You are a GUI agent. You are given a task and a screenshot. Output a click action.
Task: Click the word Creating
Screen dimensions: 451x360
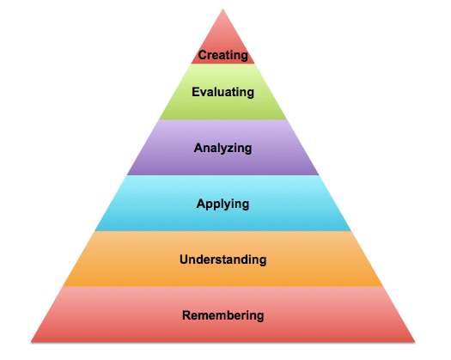tap(222, 55)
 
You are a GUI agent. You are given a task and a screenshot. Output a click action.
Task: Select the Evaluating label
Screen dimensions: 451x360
tap(222, 93)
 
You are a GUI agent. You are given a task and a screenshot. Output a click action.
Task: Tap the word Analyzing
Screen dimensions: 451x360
tap(222, 148)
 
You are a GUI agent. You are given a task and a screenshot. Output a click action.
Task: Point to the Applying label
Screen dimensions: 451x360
tap(222, 204)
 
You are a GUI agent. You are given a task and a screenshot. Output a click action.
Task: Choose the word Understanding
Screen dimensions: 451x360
tap(222, 259)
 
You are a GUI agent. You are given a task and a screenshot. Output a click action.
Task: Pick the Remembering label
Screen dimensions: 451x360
tap(222, 315)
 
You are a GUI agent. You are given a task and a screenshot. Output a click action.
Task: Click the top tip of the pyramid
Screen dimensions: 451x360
tap(222, 9)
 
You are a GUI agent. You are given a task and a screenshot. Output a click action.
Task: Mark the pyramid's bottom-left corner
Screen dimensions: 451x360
tap(31, 342)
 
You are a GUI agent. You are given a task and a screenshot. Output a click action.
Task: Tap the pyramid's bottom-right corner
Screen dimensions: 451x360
tap(415, 342)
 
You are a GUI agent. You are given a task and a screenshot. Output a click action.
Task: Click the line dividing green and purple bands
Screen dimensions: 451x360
tap(222, 119)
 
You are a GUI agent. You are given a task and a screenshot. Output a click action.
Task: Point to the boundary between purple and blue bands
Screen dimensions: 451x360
tap(222, 175)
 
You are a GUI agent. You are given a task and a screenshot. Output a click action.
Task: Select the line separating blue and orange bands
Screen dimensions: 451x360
tap(222, 231)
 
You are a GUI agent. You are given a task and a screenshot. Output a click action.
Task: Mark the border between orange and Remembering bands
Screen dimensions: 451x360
tap(222, 286)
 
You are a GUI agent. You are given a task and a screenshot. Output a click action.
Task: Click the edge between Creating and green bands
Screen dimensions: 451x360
tap(222, 64)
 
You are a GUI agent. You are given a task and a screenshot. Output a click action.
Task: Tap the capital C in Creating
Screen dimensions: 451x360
tap(203, 55)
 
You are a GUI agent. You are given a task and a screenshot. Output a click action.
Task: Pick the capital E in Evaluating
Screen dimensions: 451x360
tap(196, 92)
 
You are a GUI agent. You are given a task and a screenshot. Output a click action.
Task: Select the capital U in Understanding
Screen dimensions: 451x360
tap(185, 259)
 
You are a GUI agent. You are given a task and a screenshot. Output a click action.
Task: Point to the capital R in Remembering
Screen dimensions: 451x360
tap(187, 315)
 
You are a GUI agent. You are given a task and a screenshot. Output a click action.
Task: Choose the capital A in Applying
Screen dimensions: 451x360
tap(201, 204)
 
